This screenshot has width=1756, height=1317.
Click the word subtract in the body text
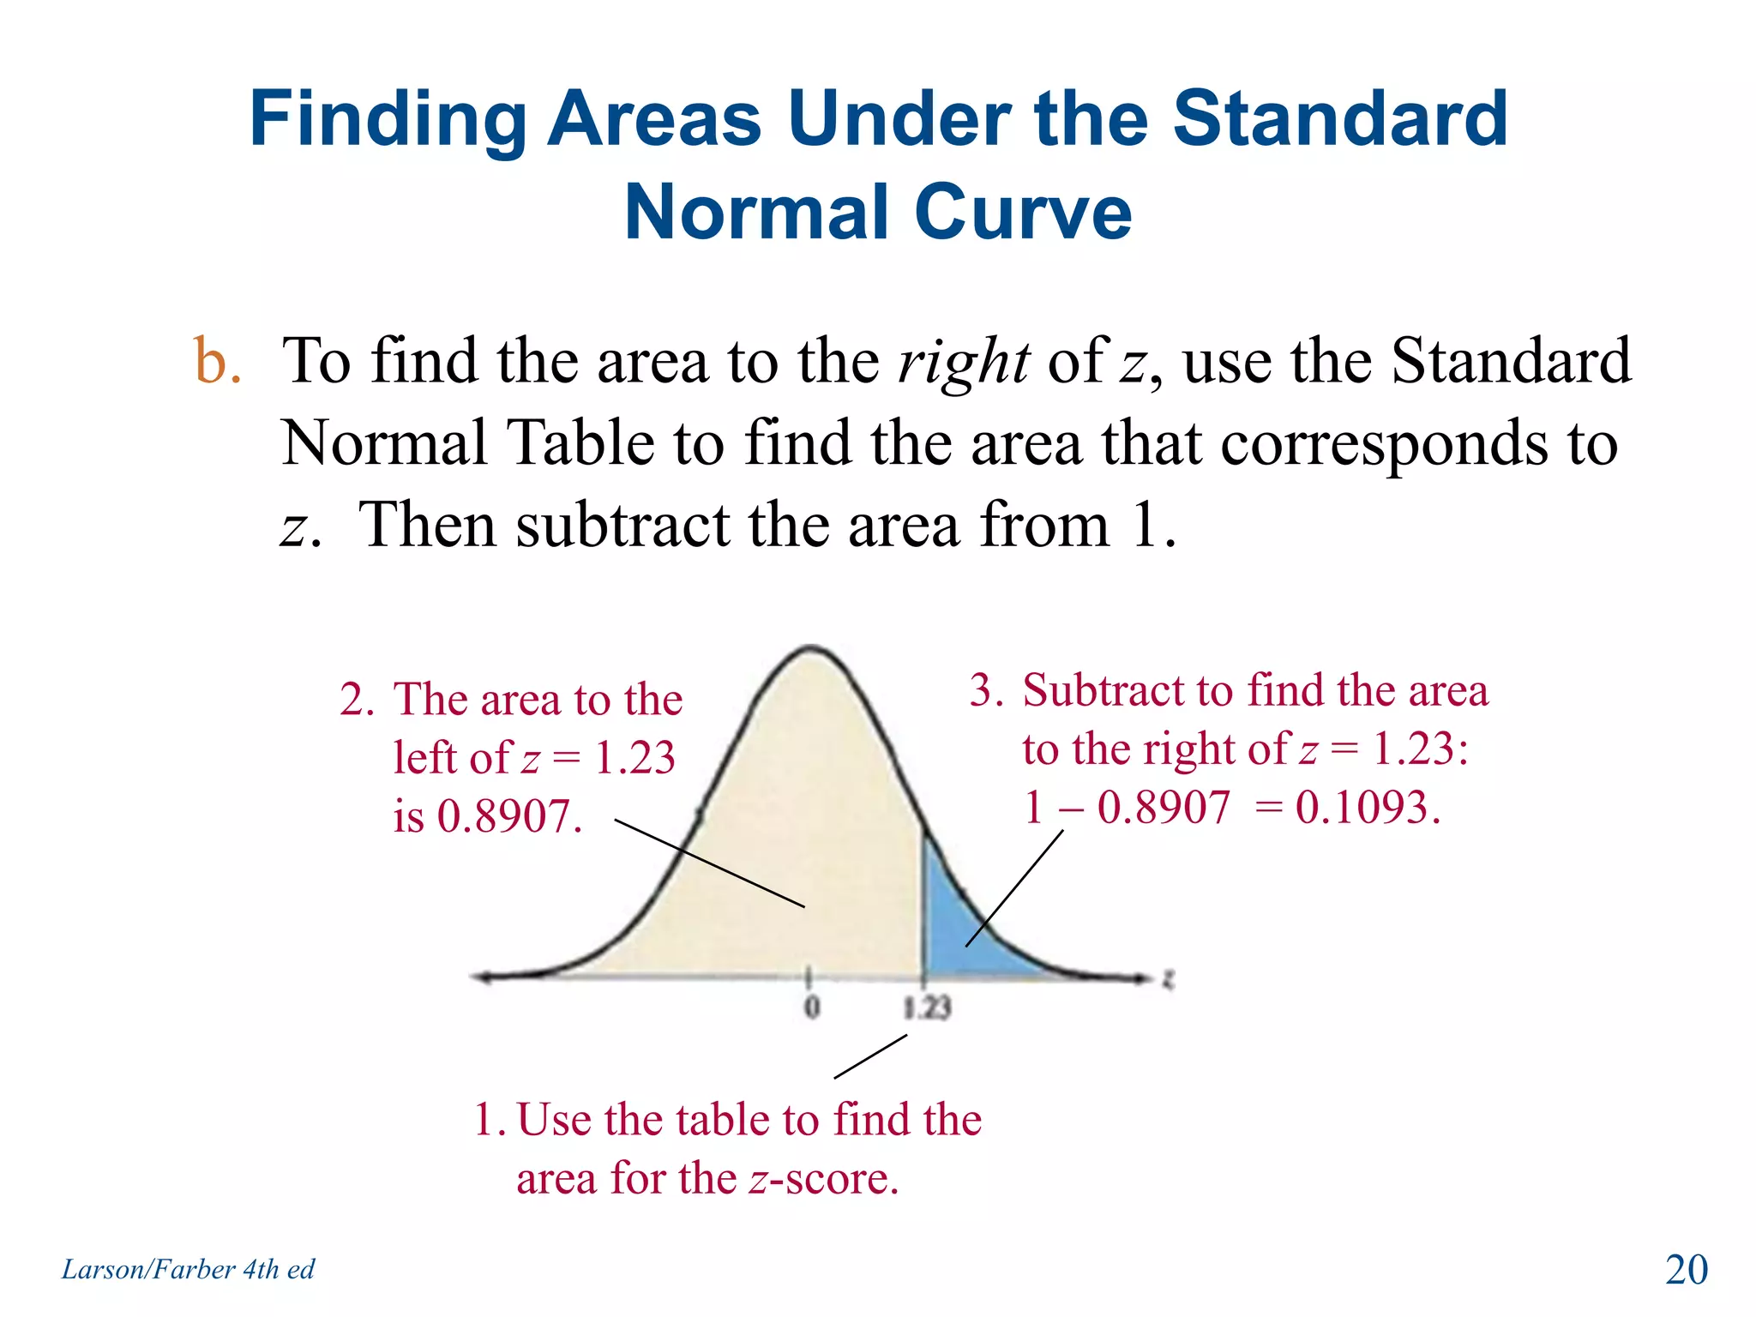tap(622, 525)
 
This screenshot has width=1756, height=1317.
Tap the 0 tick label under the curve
tap(811, 1007)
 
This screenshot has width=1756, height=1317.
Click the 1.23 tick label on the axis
tap(927, 1007)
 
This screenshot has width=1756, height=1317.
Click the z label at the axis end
tap(1167, 978)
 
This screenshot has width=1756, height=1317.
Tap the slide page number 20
tap(1686, 1270)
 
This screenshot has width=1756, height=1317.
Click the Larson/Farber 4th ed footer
tap(188, 1269)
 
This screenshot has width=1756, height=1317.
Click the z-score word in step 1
tap(823, 1179)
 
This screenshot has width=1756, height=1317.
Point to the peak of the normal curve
tap(811, 648)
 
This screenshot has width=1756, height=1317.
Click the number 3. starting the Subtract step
tap(986, 690)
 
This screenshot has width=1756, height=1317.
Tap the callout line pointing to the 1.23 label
tap(870, 1056)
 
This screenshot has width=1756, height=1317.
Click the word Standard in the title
tap(1339, 120)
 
